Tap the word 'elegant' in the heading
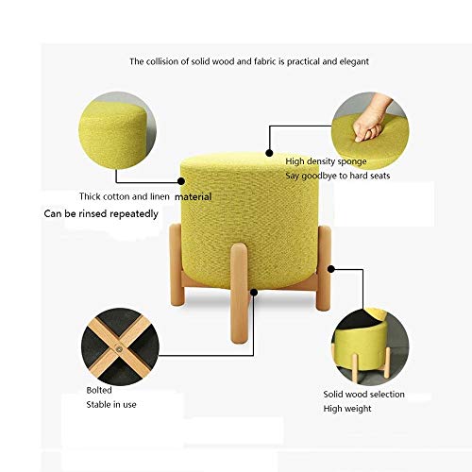coord(354,61)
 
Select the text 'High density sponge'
coord(326,161)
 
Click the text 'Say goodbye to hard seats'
coord(338,176)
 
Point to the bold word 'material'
coord(193,197)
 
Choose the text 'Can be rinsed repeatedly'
coord(101,214)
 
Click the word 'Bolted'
coord(99,390)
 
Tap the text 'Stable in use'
coord(111,405)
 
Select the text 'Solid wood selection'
coord(364,395)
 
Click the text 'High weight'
coord(347,409)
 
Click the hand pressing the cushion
coord(371,120)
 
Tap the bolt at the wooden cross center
coord(119,348)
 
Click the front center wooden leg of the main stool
coord(239,294)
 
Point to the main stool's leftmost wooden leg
coord(177,265)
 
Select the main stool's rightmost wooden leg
coord(324,268)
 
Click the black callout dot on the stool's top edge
coord(269,153)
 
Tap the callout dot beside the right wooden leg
coord(331,269)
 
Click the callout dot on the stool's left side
coord(181,181)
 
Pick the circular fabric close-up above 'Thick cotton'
coord(117,130)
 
